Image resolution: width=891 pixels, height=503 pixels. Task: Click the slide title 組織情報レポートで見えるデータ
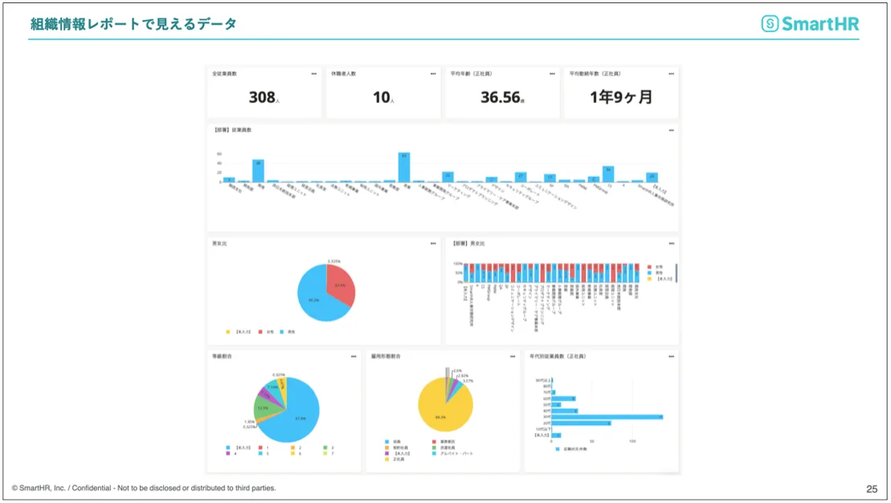(133, 24)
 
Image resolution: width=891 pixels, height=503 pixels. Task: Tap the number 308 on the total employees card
(262, 97)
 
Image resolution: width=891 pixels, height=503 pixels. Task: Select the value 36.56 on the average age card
(500, 97)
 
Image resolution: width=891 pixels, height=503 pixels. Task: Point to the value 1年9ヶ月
(621, 97)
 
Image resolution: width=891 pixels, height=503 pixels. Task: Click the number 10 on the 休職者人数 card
(381, 97)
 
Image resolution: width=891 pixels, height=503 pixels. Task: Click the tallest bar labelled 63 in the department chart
(404, 167)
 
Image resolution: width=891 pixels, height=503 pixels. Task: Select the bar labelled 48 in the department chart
(258, 170)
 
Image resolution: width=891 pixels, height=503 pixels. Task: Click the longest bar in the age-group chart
(607, 416)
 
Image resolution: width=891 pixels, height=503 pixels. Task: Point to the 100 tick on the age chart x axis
(632, 442)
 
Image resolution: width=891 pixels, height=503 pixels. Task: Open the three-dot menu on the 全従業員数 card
(314, 73)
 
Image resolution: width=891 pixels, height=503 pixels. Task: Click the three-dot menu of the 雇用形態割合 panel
(513, 355)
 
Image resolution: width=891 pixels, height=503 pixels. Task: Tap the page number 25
(872, 489)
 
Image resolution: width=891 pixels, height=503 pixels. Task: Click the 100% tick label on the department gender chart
(457, 264)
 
